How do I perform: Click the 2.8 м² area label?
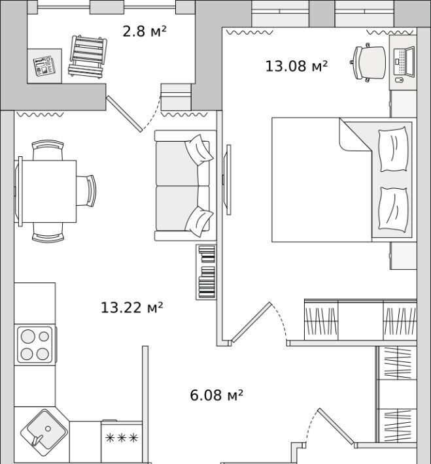[x=145, y=31]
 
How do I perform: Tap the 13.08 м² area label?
[x=296, y=66]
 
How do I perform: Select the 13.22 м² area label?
[x=132, y=307]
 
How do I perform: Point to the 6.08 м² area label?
[x=216, y=395]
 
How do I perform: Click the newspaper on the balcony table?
[x=44, y=66]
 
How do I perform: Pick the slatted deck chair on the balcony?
[x=88, y=56]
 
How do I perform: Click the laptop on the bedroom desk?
[x=404, y=62]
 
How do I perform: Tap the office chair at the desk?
[x=368, y=63]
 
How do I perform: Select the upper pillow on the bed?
[x=393, y=149]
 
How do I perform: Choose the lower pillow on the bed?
[x=393, y=210]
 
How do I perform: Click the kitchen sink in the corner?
[x=44, y=429]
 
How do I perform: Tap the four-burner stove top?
[x=35, y=345]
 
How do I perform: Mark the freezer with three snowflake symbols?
[x=122, y=440]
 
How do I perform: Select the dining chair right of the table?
[x=86, y=191]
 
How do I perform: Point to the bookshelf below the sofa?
[x=206, y=272]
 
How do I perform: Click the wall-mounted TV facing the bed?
[x=228, y=180]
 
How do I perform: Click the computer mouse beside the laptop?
[x=400, y=80]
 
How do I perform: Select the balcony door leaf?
[x=124, y=114]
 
